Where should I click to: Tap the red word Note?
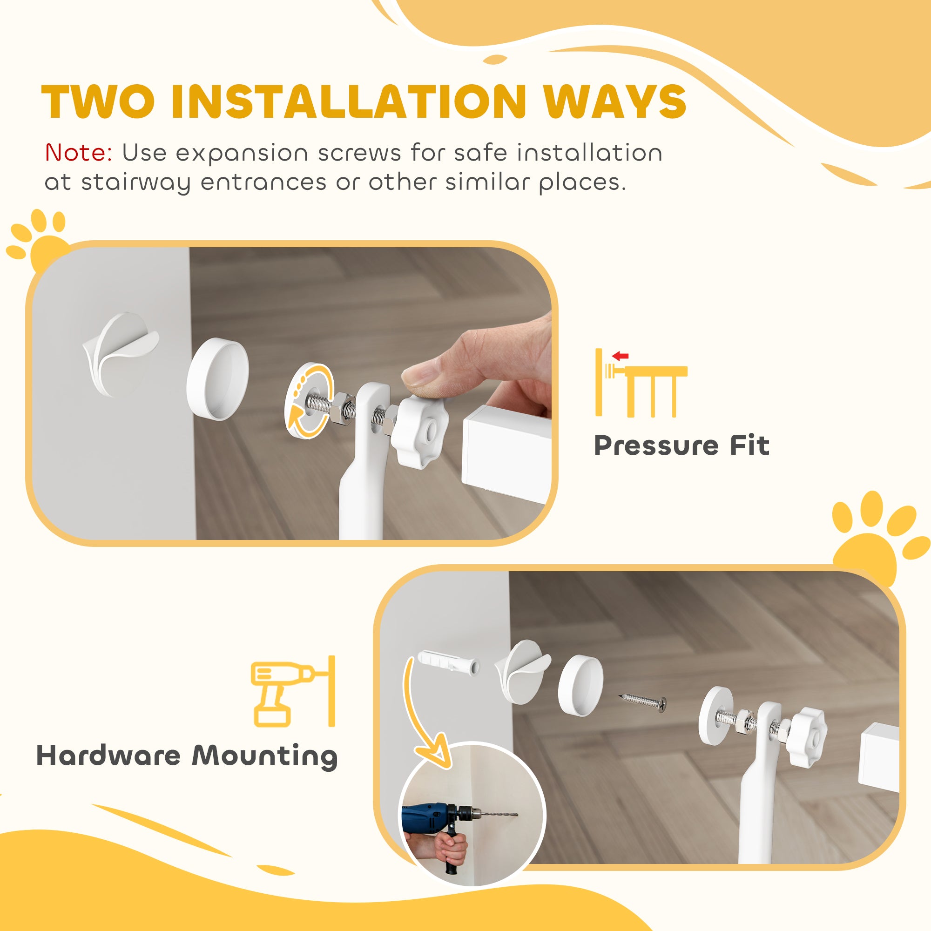(78, 153)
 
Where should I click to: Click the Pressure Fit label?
(681, 445)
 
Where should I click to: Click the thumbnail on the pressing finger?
(420, 375)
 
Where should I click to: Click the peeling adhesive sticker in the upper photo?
(120, 351)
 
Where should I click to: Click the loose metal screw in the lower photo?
(642, 702)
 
